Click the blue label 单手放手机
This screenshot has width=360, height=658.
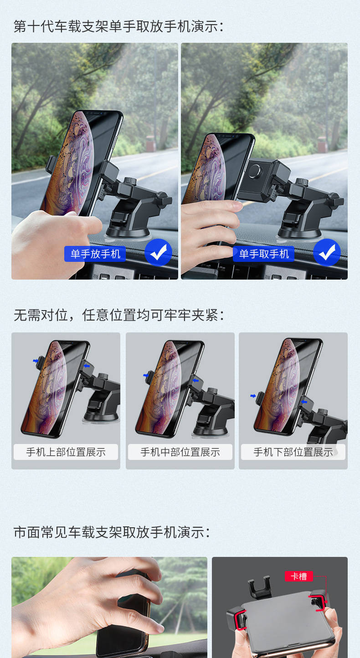95,254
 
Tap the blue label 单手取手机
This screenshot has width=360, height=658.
263,254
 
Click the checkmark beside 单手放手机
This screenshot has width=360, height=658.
158,253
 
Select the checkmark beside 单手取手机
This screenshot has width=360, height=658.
327,253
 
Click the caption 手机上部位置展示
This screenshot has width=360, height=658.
66,452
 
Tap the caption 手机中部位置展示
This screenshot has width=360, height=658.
180,452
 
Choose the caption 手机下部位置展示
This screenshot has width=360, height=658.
293,452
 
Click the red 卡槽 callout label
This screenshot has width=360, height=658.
299,576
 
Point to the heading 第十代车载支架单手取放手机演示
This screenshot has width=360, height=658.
119,26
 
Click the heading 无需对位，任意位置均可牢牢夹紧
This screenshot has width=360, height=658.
119,315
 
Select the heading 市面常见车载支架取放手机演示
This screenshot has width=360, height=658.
112,532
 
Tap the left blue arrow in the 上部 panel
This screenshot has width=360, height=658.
36,361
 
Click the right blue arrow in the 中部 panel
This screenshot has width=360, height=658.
195,381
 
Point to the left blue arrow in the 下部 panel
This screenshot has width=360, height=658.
253,396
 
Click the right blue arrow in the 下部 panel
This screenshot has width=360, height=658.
304,402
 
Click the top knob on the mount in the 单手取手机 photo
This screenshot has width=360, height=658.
301,182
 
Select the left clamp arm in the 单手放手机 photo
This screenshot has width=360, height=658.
51,164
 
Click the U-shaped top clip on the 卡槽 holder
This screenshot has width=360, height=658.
259,589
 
